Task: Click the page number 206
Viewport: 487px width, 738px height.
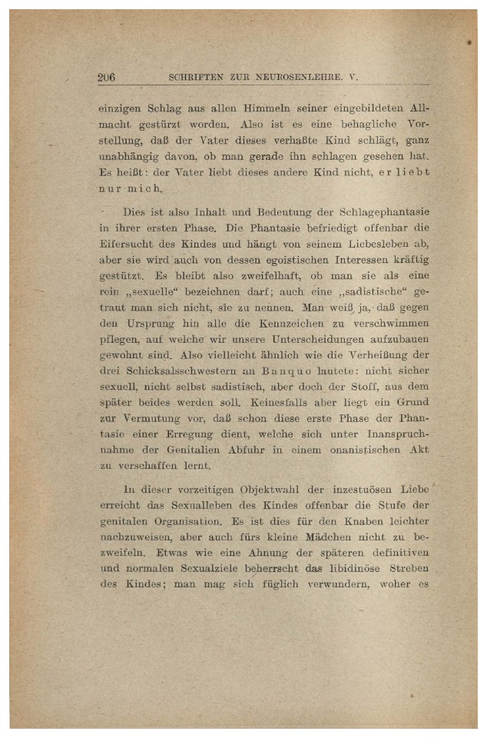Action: [x=106, y=77]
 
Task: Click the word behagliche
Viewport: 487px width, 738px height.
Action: [x=364, y=123]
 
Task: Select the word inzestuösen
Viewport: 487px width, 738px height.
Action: [x=350, y=489]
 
